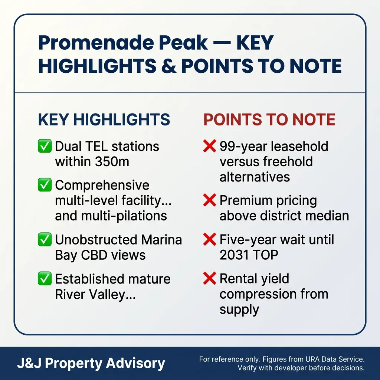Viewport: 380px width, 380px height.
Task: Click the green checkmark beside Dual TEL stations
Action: [45, 146]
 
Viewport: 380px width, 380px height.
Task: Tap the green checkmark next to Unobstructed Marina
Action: [45, 240]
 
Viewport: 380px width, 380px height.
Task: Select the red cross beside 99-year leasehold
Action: [210, 146]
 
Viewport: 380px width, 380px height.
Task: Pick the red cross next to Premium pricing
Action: [210, 201]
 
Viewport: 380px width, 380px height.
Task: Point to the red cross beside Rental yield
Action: [210, 279]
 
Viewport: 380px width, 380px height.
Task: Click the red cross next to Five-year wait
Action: [210, 240]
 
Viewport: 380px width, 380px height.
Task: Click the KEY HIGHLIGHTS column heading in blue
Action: [104, 120]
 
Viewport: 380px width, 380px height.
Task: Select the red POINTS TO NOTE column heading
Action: [269, 120]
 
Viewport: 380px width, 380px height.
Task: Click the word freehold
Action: [288, 162]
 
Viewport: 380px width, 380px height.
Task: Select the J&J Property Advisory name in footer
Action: [91, 363]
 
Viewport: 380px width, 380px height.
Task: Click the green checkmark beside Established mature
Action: [45, 279]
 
